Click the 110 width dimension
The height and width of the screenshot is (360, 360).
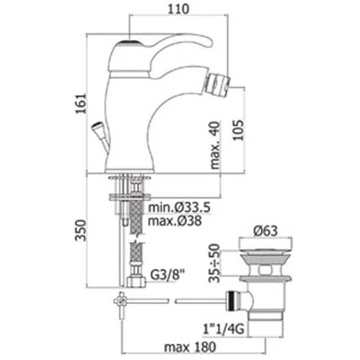click(178, 9)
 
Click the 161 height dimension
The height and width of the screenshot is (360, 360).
click(80, 103)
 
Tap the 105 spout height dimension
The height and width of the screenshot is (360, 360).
click(238, 129)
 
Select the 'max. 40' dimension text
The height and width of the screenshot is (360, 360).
click(214, 145)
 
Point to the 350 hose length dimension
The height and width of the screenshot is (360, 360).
click(80, 230)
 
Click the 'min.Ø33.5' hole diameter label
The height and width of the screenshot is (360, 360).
click(179, 208)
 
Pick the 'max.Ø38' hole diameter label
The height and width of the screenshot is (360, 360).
click(175, 221)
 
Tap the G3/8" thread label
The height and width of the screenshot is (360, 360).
click(167, 275)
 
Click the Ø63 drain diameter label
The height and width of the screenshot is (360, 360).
click(265, 231)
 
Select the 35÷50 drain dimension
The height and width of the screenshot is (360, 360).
click(214, 263)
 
